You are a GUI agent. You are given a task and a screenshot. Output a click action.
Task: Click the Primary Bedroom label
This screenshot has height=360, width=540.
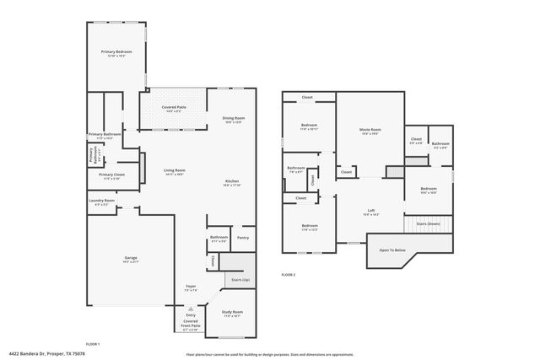(118, 52)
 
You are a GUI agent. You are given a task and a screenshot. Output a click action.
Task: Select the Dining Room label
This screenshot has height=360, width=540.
(233, 118)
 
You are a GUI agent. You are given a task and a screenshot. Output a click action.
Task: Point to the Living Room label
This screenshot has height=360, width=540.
(174, 171)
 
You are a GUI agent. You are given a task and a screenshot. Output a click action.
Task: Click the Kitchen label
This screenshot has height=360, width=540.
(232, 182)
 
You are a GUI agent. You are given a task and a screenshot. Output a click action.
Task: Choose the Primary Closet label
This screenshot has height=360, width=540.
(111, 175)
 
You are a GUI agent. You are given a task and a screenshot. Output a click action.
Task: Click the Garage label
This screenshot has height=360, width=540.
(131, 258)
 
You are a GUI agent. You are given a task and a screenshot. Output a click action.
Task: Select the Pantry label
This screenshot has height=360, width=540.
(242, 238)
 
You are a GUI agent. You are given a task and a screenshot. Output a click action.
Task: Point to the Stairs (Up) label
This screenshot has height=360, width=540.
(240, 277)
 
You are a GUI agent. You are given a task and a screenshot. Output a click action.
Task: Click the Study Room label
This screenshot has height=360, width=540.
(232, 312)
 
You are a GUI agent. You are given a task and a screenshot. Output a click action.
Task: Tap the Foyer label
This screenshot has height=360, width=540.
(191, 287)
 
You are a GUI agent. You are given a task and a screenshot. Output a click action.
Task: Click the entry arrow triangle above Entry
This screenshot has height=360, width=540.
(191, 309)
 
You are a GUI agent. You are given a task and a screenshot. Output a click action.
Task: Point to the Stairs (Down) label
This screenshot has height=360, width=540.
(428, 223)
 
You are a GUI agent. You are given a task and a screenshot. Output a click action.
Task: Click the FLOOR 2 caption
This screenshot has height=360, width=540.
(289, 275)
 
